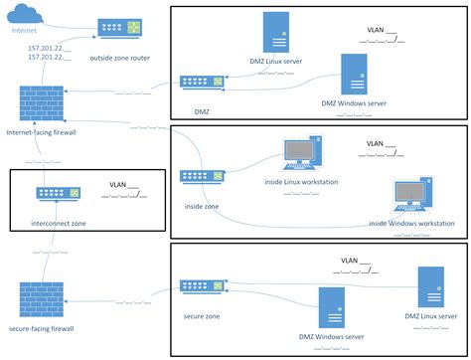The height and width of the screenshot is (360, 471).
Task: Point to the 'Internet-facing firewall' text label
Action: [43, 131]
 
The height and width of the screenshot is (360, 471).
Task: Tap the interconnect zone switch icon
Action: [57, 196]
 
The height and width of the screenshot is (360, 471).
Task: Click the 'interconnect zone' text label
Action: [59, 224]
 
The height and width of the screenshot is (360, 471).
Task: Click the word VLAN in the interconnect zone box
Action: [117, 184]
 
